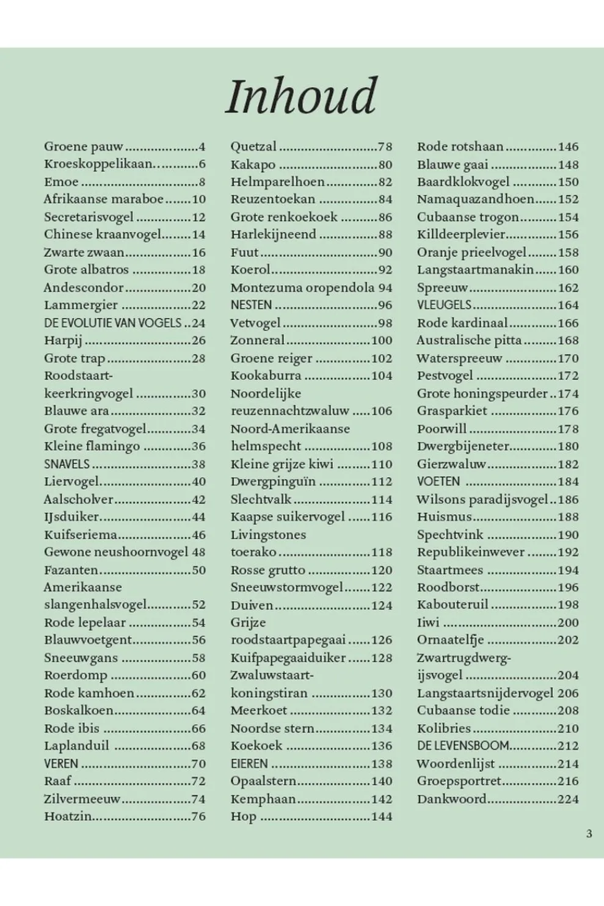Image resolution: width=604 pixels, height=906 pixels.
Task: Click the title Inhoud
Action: tap(302, 96)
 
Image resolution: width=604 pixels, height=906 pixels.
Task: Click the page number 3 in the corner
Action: tap(589, 833)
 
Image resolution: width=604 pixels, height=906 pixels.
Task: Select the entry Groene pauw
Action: tap(84, 147)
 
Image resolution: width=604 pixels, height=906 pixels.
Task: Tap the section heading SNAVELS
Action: tap(67, 464)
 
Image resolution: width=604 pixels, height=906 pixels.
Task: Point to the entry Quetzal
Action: tap(253, 147)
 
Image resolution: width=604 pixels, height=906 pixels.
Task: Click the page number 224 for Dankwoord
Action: tap(567, 799)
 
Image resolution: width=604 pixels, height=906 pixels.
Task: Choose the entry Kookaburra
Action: tap(266, 375)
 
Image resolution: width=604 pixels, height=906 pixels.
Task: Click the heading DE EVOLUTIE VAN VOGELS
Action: tap(113, 323)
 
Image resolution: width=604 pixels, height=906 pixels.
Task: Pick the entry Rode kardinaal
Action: tap(462, 323)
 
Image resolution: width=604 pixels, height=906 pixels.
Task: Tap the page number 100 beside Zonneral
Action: tap(381, 340)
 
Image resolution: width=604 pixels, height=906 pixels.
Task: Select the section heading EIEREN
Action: tap(249, 763)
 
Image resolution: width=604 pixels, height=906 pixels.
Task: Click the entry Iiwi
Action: tap(428, 623)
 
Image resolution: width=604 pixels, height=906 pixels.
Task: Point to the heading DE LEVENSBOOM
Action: tap(463, 745)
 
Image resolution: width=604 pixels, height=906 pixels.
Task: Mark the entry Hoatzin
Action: tap(68, 816)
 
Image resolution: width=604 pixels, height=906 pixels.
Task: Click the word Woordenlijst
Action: tap(456, 763)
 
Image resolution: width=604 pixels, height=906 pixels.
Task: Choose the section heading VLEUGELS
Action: tap(444, 305)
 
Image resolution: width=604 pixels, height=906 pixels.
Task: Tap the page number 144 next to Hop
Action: tap(381, 816)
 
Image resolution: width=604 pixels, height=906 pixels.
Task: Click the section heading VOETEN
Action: tap(438, 481)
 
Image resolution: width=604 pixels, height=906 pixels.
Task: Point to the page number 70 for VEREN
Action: tap(198, 763)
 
